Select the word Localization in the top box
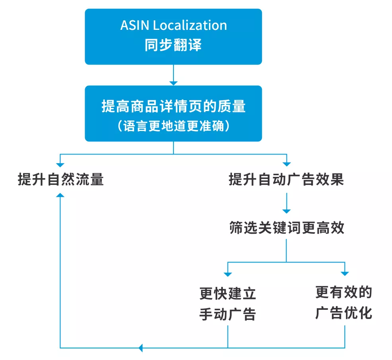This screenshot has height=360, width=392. click(190, 25)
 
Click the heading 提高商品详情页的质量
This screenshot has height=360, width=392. click(174, 107)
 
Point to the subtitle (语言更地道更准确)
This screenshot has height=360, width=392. click(174, 126)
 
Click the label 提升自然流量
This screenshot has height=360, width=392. click(61, 180)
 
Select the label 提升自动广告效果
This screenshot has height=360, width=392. click(286, 180)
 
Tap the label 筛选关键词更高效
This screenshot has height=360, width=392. click(286, 228)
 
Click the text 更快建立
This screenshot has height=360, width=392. click(228, 294)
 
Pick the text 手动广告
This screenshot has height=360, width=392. click(228, 314)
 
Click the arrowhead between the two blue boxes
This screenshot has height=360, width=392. click(174, 82)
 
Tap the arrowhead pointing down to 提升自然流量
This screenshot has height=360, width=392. click(60, 164)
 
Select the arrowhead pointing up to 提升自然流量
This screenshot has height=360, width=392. click(60, 195)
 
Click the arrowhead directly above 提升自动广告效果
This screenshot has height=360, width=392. click(286, 164)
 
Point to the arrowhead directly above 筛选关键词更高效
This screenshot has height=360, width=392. click(286, 211)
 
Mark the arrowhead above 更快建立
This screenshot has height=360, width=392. click(228, 274)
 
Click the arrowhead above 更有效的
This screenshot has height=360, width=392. click(345, 274)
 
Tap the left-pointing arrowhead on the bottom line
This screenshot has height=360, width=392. click(140, 348)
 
